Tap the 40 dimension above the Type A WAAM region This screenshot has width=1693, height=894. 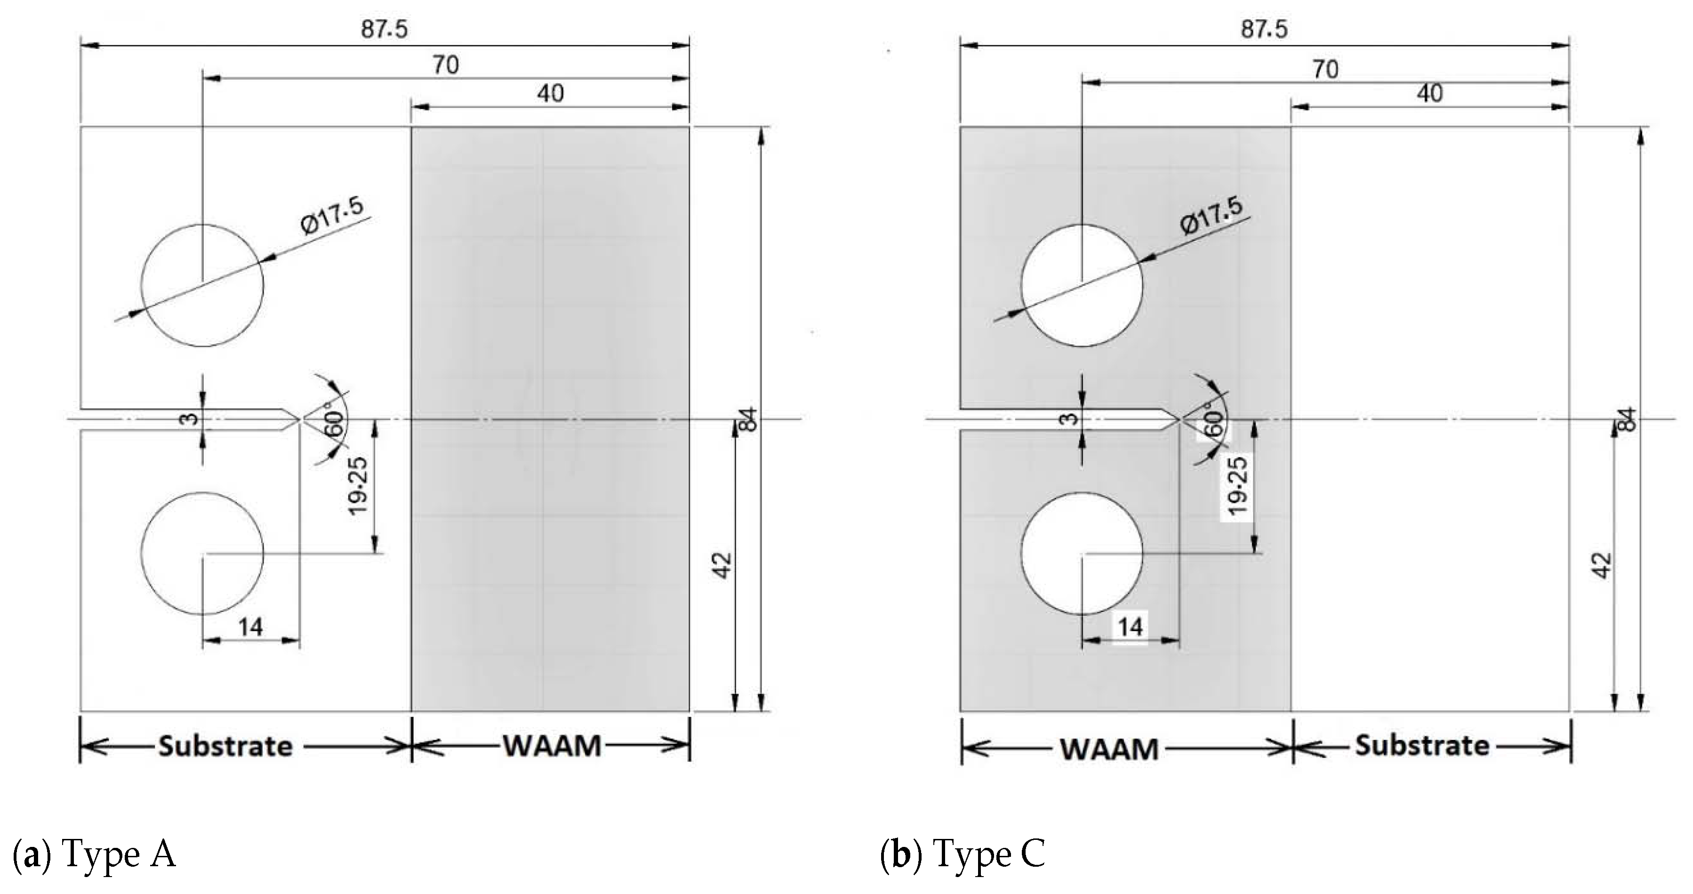click(550, 93)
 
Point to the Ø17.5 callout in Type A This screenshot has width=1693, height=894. click(332, 216)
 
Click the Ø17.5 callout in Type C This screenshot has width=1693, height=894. click(1211, 216)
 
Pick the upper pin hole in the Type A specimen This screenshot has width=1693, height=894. click(202, 285)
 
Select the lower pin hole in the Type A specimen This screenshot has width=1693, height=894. click(202, 554)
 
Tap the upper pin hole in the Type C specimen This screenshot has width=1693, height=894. click(1082, 285)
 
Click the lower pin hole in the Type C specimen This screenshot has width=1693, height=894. click(1082, 554)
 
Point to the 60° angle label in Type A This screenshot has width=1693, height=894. click(334, 424)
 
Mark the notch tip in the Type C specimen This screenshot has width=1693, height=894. click(1179, 419)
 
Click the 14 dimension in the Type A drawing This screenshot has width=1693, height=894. click(250, 627)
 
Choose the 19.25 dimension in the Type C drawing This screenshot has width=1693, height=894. click(1237, 486)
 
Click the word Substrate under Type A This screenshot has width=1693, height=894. click(225, 746)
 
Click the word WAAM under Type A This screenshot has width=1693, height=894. click(552, 746)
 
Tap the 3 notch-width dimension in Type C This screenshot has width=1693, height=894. click(1070, 419)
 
